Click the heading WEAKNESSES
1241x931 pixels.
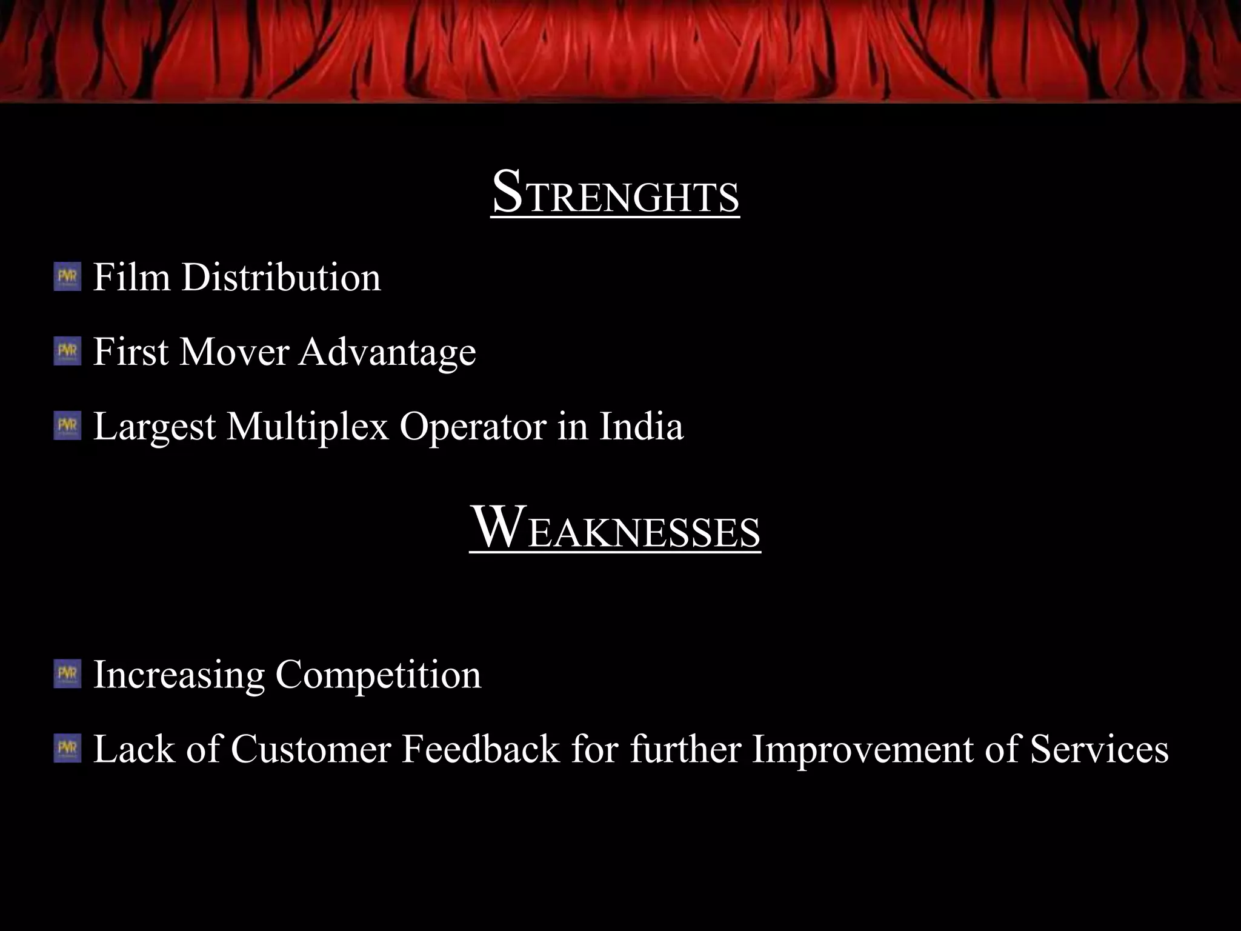pyautogui.click(x=615, y=529)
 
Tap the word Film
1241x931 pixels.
pyautogui.click(x=131, y=278)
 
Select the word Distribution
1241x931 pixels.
pyautogui.click(x=281, y=278)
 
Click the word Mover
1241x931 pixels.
pyautogui.click(x=234, y=352)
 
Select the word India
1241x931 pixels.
pyautogui.click(x=642, y=426)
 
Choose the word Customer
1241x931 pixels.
pyautogui.click(x=310, y=749)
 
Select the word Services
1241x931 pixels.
pyautogui.click(x=1099, y=749)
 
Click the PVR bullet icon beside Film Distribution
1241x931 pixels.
pyautogui.click(x=67, y=277)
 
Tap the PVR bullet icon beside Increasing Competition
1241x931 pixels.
pyautogui.click(x=67, y=674)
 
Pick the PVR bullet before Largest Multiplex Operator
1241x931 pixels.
pyautogui.click(x=67, y=425)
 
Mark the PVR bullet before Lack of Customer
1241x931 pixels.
pyautogui.click(x=67, y=749)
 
